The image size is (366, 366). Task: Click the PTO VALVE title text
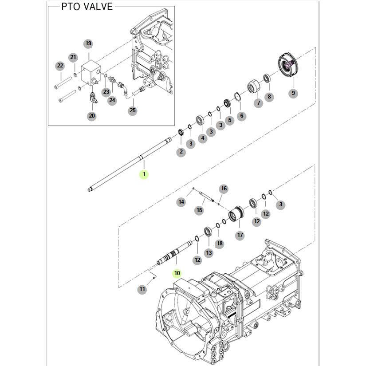[x=87, y=7]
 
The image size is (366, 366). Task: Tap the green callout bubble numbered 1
[x=143, y=174]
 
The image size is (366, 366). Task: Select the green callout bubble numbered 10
[x=177, y=273]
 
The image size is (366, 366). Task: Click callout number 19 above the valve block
[x=88, y=43]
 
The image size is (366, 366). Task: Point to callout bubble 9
[x=293, y=93]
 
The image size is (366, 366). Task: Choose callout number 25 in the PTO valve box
[x=133, y=111]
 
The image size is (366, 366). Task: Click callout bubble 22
[x=60, y=66]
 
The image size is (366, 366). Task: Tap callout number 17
[x=240, y=235]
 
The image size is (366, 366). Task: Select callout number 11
[x=142, y=289]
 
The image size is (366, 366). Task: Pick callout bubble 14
[x=181, y=202]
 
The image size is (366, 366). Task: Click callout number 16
[x=224, y=189]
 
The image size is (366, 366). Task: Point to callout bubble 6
[x=241, y=116]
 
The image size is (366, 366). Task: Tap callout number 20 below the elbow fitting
[x=92, y=116]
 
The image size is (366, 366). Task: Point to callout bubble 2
[x=181, y=152]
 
